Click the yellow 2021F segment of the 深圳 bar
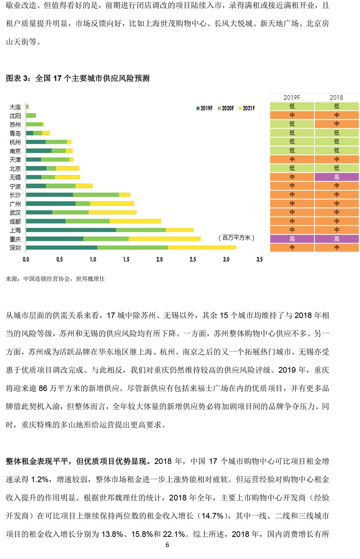point(202,247)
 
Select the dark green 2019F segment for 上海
point(71,230)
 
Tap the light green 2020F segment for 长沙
point(96,195)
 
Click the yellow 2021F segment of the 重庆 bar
point(165,239)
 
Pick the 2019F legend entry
point(204,108)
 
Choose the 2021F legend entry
point(247,108)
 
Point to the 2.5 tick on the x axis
point(193,259)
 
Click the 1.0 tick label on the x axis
point(93,259)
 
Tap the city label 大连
point(15,107)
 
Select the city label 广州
point(15,204)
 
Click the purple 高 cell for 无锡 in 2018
point(337,177)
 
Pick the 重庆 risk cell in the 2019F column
point(292,239)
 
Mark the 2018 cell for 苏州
point(337,124)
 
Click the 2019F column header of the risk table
point(292,97)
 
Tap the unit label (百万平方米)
point(236,237)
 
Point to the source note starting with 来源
point(55,279)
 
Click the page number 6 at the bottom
point(167,545)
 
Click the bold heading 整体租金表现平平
point(37,461)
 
